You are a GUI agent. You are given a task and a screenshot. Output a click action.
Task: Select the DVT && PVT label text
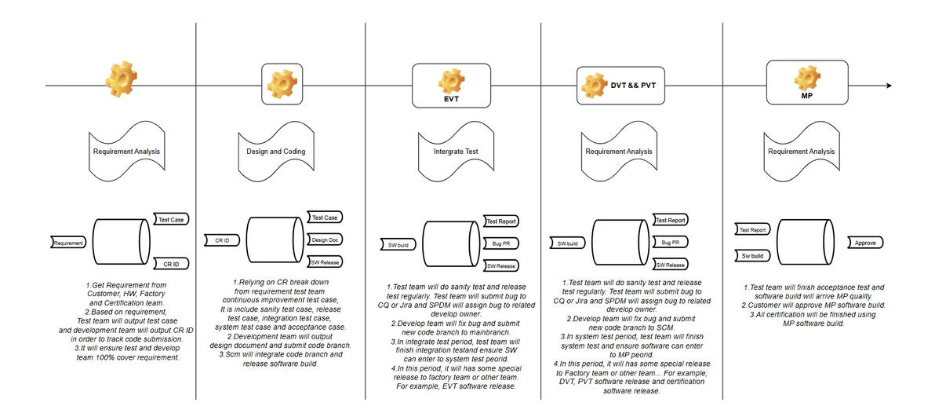pos(632,84)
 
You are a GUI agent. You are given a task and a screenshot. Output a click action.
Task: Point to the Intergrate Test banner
pos(455,152)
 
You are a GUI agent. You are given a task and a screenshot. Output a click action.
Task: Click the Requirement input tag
pos(68,243)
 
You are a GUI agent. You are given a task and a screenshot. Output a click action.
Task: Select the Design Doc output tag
pos(324,240)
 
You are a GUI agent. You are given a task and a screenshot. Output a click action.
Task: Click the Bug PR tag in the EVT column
pos(500,243)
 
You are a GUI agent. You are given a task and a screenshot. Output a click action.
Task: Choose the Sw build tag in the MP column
pos(752,256)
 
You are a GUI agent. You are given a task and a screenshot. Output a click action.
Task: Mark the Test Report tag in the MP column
pos(752,230)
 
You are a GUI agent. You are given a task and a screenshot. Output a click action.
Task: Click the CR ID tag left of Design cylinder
pos(222,240)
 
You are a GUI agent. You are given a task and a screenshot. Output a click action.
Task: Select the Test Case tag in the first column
pos(170,220)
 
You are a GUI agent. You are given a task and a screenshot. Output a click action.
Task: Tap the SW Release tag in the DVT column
pos(670,265)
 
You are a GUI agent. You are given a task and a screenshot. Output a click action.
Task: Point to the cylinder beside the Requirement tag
pos(121,243)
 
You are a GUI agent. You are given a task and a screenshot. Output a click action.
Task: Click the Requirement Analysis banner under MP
pos(801,152)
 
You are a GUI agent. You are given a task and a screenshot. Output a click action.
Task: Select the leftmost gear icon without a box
pos(121,79)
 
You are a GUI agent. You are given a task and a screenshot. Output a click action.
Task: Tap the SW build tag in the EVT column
pos(398,244)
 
